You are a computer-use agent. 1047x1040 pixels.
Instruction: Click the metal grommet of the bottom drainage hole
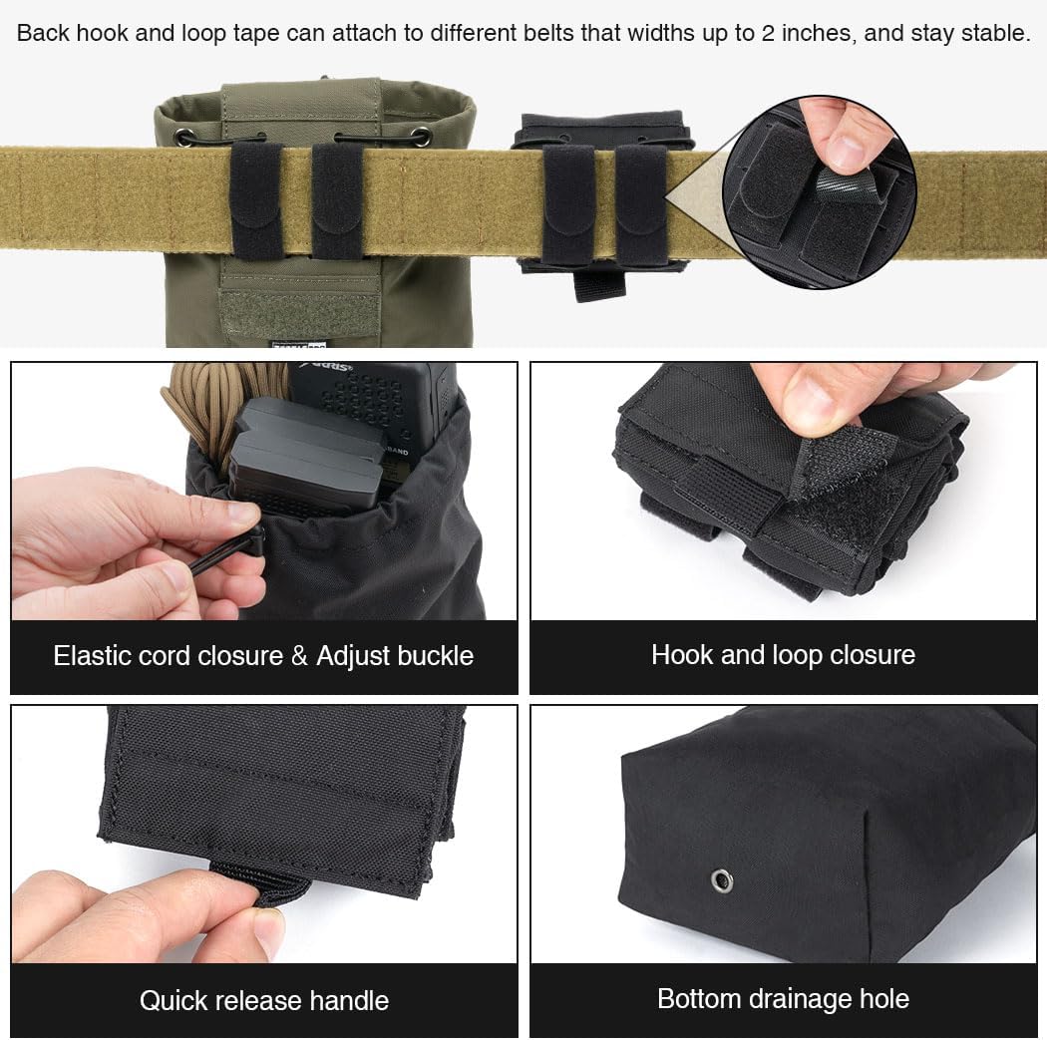click(x=721, y=880)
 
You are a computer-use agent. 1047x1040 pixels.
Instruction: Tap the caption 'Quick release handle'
click(x=264, y=1000)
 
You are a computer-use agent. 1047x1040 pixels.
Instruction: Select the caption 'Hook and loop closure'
click(x=783, y=655)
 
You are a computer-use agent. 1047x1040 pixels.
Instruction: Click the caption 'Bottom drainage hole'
click(x=783, y=998)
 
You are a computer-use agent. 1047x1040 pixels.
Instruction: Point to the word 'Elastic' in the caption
click(x=96, y=656)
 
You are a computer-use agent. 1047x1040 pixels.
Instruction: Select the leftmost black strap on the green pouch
click(x=257, y=200)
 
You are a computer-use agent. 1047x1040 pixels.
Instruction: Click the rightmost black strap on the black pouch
click(x=639, y=203)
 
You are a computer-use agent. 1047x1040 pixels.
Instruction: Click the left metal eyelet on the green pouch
click(x=185, y=137)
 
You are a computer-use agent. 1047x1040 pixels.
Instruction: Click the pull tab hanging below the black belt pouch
click(x=599, y=284)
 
